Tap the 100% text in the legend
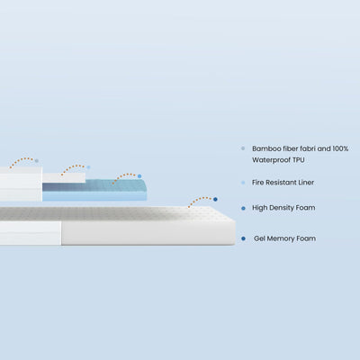click(x=340, y=148)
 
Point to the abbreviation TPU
click(x=299, y=160)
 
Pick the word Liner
click(x=306, y=183)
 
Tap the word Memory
click(x=281, y=238)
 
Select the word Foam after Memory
click(x=306, y=238)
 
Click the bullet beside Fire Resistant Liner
click(x=243, y=183)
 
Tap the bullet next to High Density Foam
click(x=243, y=208)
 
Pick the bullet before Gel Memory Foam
click(x=243, y=238)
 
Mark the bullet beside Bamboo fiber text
click(x=243, y=148)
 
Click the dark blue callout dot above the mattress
click(x=215, y=199)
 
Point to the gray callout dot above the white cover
click(x=37, y=161)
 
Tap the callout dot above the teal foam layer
click(x=139, y=176)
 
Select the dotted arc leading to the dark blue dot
click(x=200, y=198)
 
